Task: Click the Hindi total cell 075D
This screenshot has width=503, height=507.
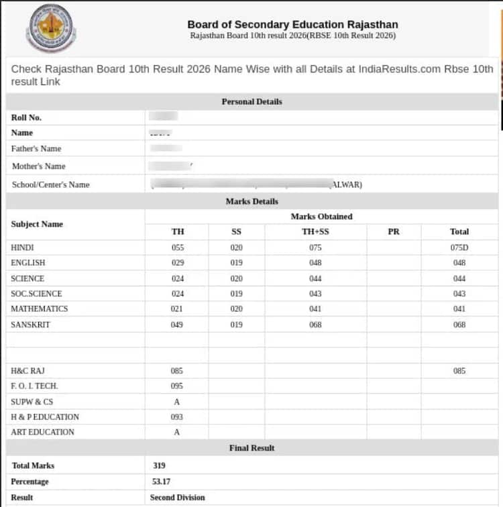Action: [x=459, y=247]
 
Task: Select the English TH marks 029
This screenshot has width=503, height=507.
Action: [x=178, y=263]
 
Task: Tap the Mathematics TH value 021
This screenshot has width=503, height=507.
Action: [x=178, y=309]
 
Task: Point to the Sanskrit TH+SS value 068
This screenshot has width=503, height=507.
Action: [x=315, y=325]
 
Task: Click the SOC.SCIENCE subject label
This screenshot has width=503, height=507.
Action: [x=36, y=294]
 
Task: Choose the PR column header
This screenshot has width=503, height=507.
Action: [x=394, y=231]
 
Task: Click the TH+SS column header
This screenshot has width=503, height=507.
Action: [x=315, y=231]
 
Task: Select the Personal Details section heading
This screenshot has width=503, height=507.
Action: [x=251, y=102]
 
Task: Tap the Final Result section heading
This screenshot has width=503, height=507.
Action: [x=251, y=448]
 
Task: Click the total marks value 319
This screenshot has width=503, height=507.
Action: [x=159, y=465]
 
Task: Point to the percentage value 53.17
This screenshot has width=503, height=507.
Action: [x=161, y=482]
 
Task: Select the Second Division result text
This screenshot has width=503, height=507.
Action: [x=178, y=498]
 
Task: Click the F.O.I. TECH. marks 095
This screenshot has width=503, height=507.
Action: [x=177, y=386]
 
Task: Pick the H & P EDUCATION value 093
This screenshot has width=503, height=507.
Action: [x=177, y=417]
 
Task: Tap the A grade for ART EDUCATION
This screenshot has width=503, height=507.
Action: [x=177, y=433]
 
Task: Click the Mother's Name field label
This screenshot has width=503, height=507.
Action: [x=38, y=166]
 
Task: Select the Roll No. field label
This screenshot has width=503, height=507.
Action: [x=26, y=117]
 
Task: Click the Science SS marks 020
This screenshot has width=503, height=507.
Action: [x=236, y=278]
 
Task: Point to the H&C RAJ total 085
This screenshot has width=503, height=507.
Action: [x=459, y=371]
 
